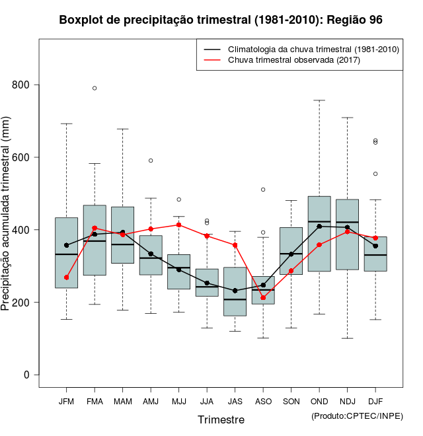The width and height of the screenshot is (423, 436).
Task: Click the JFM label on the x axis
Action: click(66, 402)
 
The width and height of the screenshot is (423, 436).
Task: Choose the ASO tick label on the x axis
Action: click(263, 402)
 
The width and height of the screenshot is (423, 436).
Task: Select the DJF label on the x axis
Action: click(375, 402)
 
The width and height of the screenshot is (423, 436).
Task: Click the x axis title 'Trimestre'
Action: click(221, 419)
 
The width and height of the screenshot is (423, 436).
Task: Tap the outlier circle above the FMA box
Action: click(95, 88)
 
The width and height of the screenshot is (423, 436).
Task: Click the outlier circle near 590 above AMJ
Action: click(151, 161)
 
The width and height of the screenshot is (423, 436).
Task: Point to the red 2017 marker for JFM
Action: click(66, 277)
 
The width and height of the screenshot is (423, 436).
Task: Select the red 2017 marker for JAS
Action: click(235, 245)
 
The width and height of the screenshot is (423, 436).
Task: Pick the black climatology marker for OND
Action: click(319, 227)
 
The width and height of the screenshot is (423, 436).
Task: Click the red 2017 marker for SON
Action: click(291, 271)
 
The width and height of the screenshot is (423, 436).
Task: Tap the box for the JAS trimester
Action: click(235, 291)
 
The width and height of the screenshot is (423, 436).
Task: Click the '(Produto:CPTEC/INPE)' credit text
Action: click(357, 416)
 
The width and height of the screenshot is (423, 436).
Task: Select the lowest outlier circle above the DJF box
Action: click(375, 174)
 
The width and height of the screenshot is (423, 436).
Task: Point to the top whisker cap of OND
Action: click(319, 100)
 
